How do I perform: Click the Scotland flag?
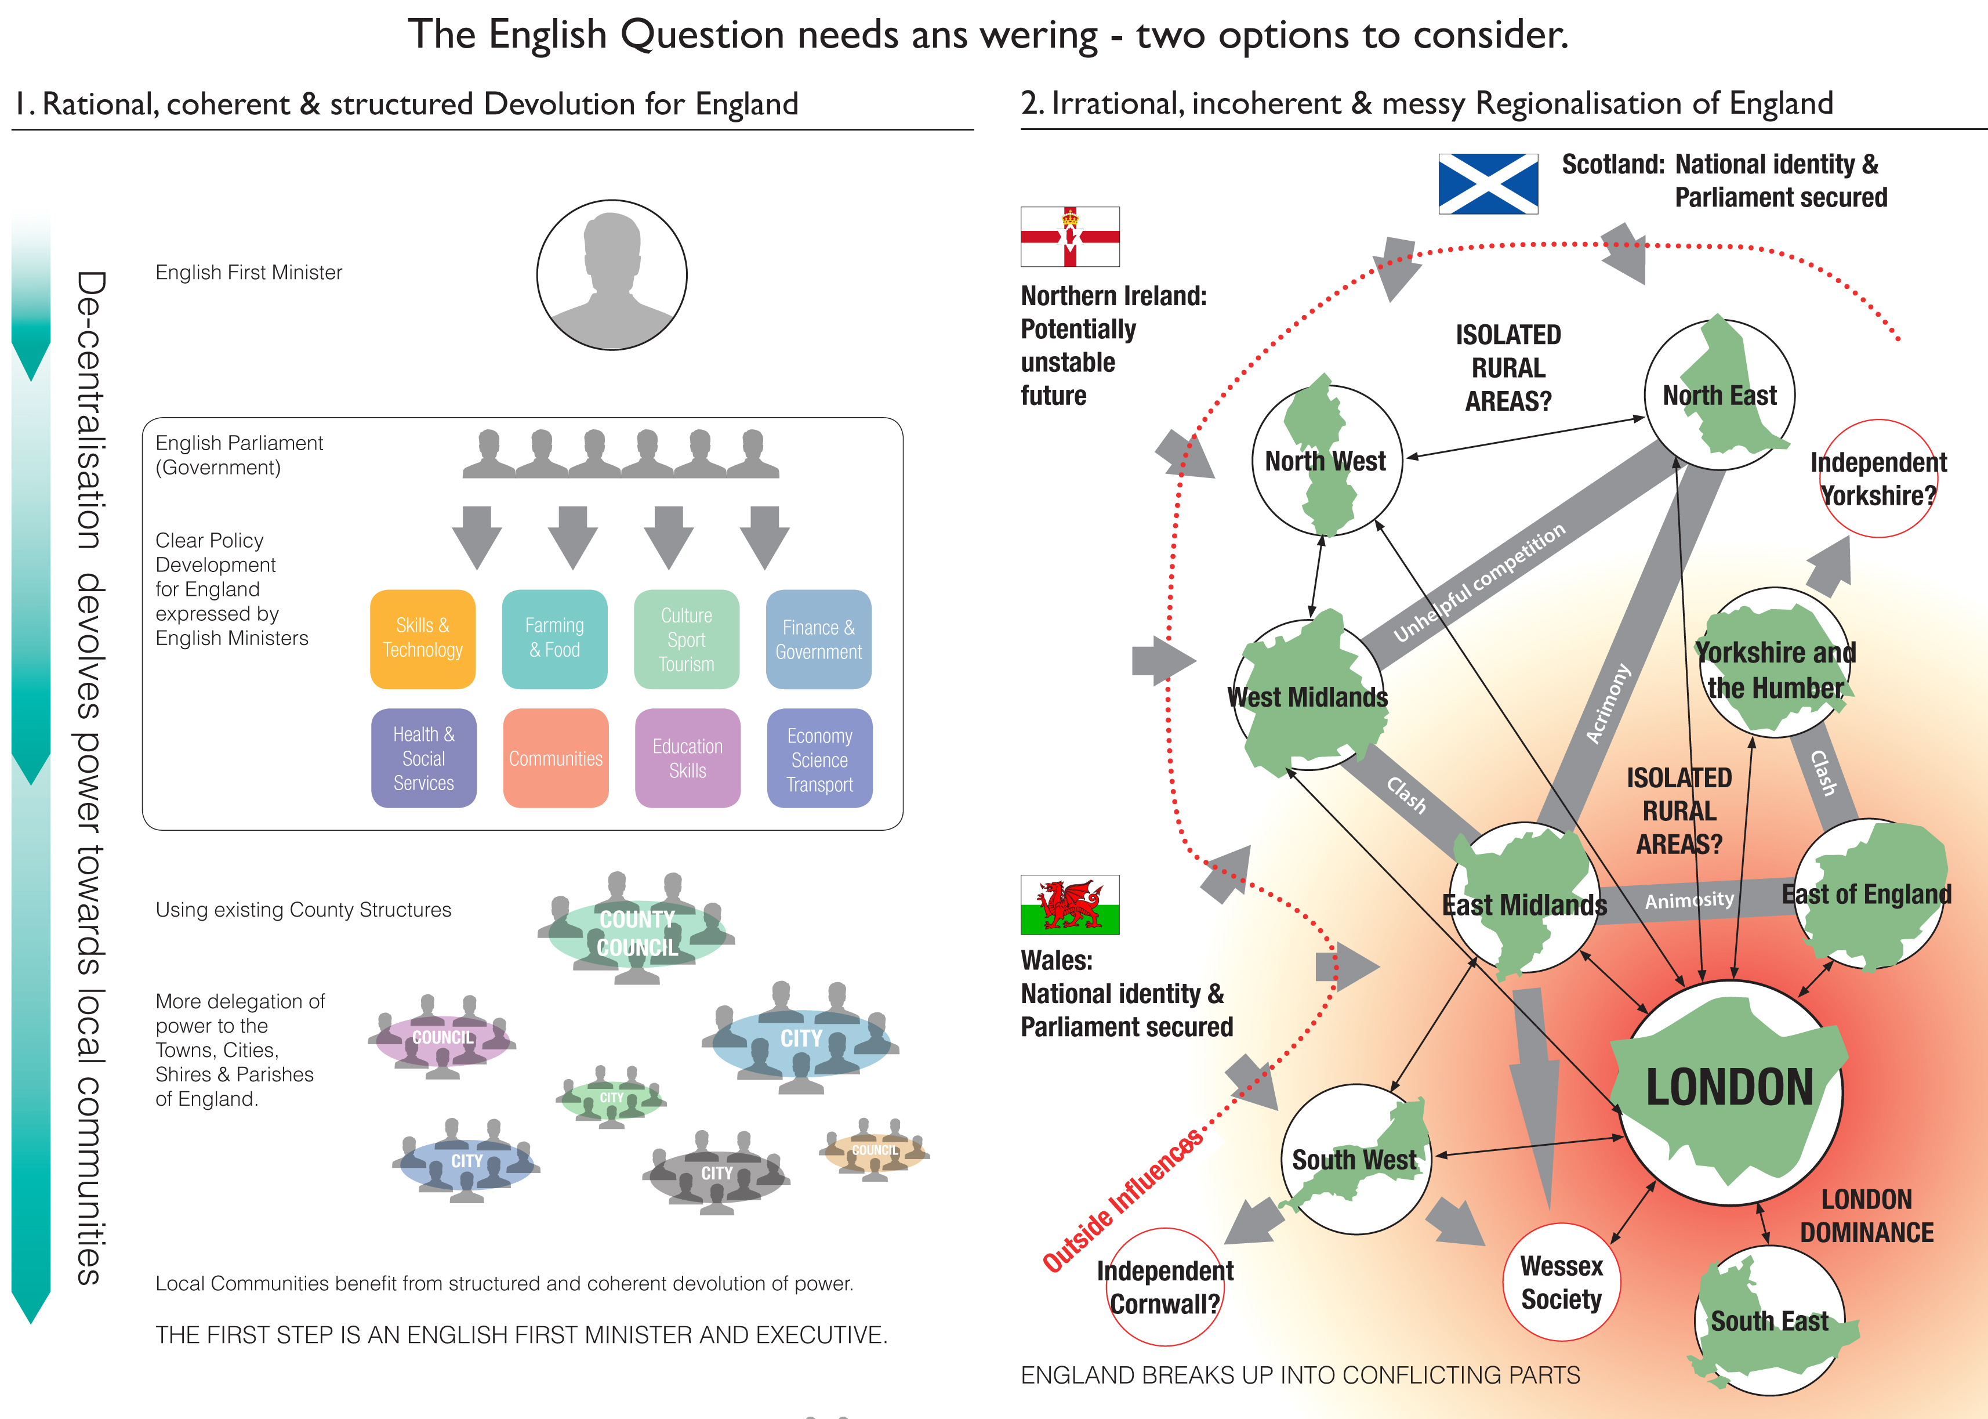(x=1488, y=183)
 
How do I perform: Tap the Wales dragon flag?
(x=1069, y=904)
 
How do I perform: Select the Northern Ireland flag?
(x=1069, y=236)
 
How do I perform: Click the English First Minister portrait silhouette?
(x=611, y=275)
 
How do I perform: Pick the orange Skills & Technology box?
(x=423, y=639)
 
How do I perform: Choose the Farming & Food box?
(x=554, y=639)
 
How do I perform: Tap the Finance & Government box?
(x=818, y=639)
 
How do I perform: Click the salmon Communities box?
(x=556, y=758)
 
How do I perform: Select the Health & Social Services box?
(x=423, y=758)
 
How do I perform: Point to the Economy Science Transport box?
(x=819, y=758)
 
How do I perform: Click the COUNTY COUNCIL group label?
(x=637, y=933)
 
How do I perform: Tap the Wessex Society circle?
(x=1561, y=1282)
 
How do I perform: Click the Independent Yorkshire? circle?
(x=1878, y=479)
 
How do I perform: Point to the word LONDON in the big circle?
(x=1729, y=1088)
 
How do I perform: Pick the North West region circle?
(x=1326, y=461)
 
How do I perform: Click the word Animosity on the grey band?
(x=1689, y=900)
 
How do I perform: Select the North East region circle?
(x=1719, y=395)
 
